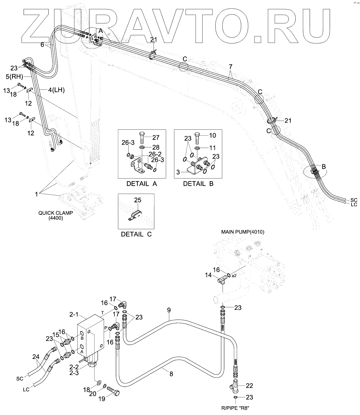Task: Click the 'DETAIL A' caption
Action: click(142, 184)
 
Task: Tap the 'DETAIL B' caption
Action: click(198, 184)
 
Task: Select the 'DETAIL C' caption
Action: click(136, 234)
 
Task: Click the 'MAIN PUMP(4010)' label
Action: click(243, 232)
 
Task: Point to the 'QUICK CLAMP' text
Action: click(55, 213)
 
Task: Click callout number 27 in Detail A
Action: click(155, 137)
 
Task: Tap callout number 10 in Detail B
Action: click(212, 135)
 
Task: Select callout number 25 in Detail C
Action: click(137, 200)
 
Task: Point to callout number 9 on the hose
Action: click(169, 310)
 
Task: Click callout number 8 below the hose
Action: click(171, 374)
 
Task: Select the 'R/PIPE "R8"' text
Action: click(235, 409)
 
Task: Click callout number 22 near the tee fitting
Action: click(249, 385)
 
